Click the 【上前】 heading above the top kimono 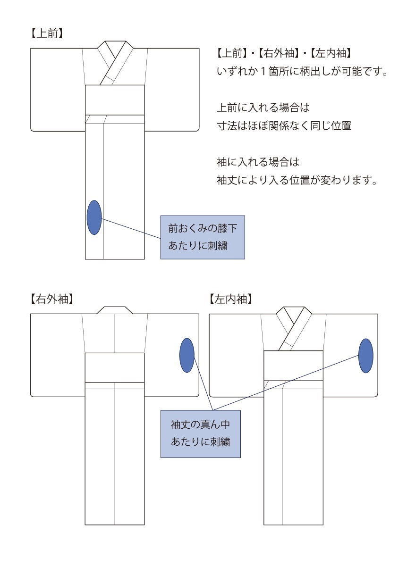tap(47, 33)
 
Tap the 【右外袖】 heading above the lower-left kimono tap(52, 299)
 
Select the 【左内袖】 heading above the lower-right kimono tap(231, 299)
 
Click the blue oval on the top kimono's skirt tap(94, 217)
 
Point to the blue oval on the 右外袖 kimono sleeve tap(187, 355)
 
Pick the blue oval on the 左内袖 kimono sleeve tap(366, 356)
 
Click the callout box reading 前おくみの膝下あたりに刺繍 tap(203, 237)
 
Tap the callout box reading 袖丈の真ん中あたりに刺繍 tap(201, 434)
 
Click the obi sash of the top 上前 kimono tap(115, 100)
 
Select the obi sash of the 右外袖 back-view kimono tap(115, 367)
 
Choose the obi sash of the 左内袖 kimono tap(293, 366)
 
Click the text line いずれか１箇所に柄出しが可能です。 tap(302, 72)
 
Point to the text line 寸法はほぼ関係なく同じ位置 tap(284, 125)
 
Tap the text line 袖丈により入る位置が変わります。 tap(297, 180)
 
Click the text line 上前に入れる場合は tap(263, 108)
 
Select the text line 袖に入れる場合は tap(258, 162)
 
